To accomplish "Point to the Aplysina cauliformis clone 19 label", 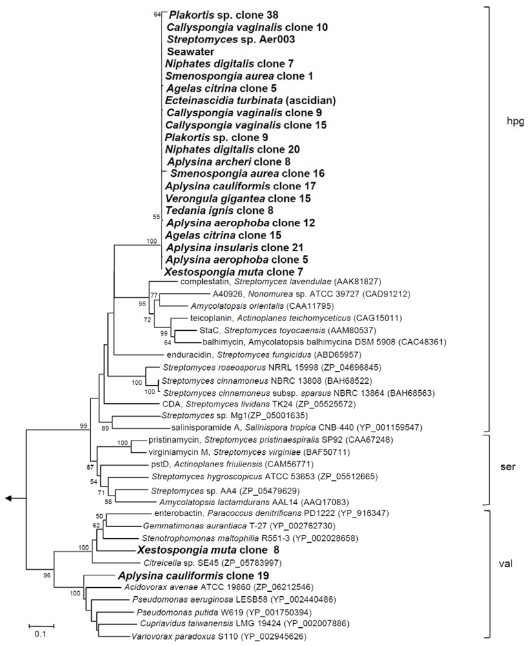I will pos(183,575).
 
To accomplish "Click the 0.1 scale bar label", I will pos(40,635).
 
